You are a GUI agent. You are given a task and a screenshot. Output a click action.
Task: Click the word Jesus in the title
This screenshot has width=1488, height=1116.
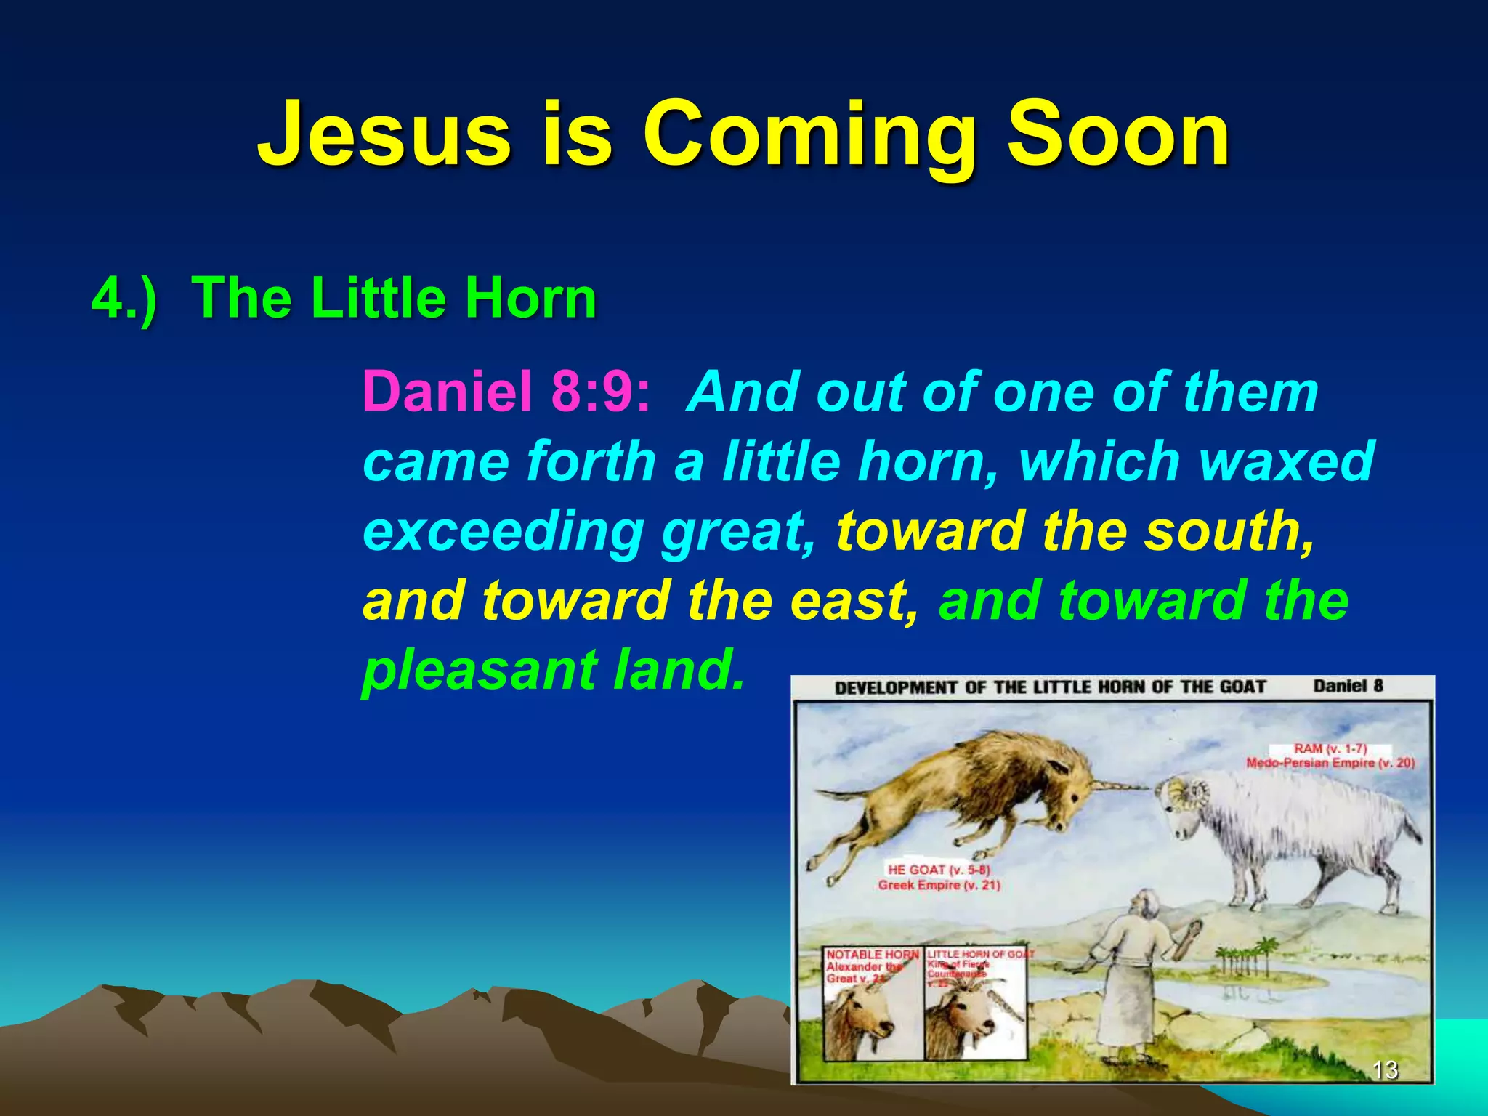385,134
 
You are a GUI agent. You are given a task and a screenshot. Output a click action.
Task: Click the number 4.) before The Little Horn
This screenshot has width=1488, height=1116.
124,299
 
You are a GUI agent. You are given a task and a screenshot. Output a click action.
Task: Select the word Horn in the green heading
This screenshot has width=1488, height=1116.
530,299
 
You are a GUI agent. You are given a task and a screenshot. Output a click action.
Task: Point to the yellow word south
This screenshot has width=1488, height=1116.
1228,530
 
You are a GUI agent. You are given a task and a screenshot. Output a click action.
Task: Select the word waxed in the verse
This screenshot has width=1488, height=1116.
1286,461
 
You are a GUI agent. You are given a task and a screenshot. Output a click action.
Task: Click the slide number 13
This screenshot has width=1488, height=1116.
1385,1069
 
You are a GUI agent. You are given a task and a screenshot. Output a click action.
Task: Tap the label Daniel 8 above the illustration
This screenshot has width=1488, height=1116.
1348,686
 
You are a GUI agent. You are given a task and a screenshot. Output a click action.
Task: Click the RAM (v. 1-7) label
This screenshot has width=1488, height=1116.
1330,749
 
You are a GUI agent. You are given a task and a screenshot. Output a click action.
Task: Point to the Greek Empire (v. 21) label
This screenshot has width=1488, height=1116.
939,886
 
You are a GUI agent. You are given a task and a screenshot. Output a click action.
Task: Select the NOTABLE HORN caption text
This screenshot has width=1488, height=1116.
871,955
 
